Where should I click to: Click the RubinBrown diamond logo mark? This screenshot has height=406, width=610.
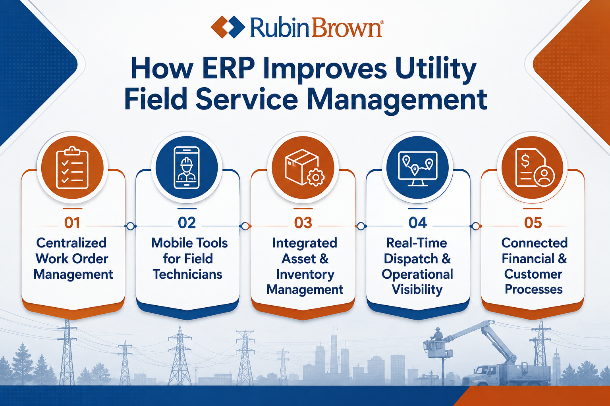pyautogui.click(x=228, y=27)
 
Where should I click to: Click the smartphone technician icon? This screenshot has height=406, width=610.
pyautogui.click(x=187, y=168)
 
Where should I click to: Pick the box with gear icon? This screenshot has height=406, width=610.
pyautogui.click(x=305, y=168)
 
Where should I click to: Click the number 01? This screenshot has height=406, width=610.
pyautogui.click(x=72, y=223)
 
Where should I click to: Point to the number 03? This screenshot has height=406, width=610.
pyautogui.click(x=303, y=223)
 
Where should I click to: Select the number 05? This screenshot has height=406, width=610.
pyautogui.click(x=533, y=223)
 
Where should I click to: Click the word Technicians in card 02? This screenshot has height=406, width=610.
pyautogui.click(x=187, y=274)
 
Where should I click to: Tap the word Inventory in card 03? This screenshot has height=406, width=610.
pyautogui.click(x=305, y=275)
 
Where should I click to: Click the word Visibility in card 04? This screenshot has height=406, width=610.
pyautogui.click(x=417, y=290)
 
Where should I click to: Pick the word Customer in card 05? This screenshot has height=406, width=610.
pyautogui.click(x=533, y=274)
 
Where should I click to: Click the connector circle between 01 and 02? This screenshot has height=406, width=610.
pyautogui.click(x=130, y=226)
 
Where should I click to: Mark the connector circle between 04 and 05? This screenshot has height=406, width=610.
pyautogui.click(x=475, y=226)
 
